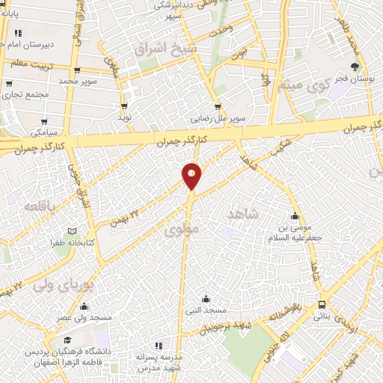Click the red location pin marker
point(192,175)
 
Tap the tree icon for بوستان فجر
point(355,67)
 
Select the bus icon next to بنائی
point(322,304)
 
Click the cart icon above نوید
point(125,107)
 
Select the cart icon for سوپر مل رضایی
point(217,107)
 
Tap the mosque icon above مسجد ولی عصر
point(85,306)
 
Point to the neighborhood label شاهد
point(241,215)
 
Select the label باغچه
point(34,205)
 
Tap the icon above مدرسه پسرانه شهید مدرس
point(159,345)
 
